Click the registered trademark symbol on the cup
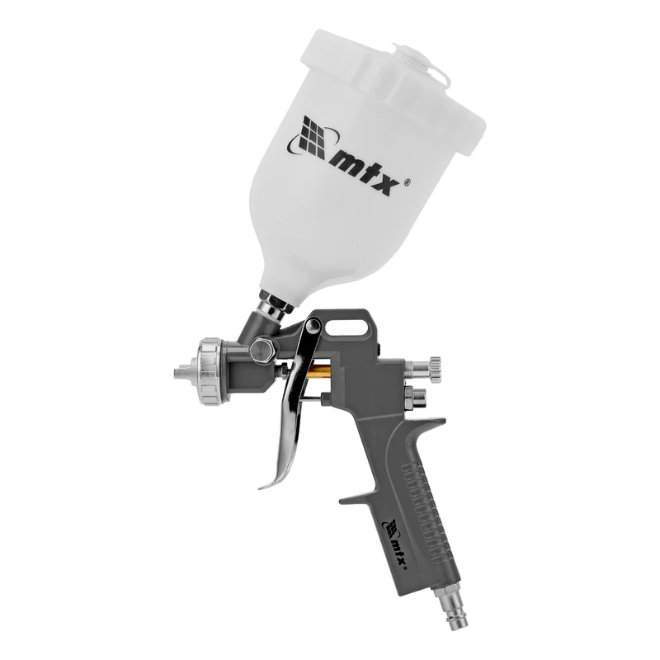tap(408, 183)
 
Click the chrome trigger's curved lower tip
tap(271, 482)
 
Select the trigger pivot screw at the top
tap(313, 325)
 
